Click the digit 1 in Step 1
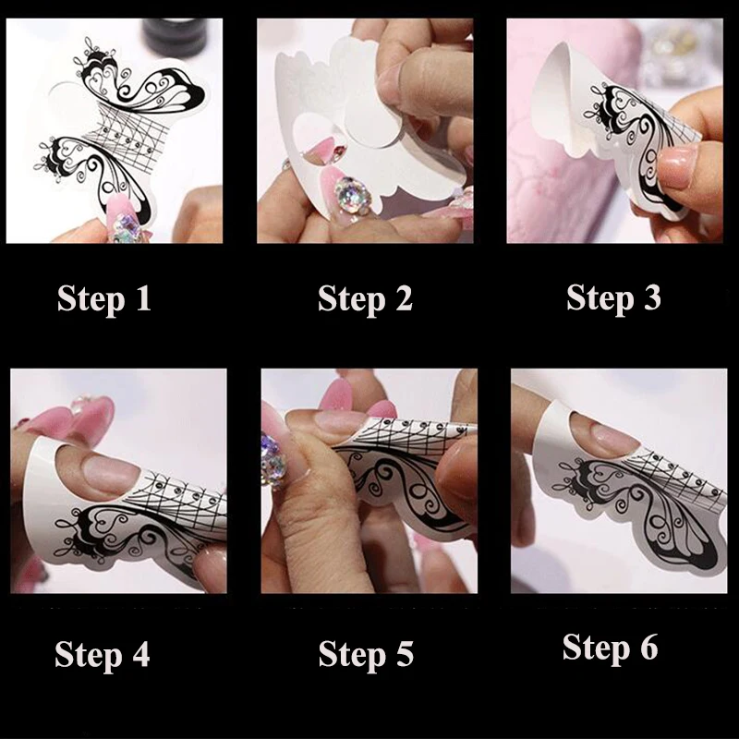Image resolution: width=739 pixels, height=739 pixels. tap(143, 297)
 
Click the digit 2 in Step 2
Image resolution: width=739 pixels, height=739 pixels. tap(404, 297)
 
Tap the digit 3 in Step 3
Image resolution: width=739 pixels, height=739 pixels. tap(652, 297)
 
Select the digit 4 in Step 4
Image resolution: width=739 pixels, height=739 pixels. tap(141, 654)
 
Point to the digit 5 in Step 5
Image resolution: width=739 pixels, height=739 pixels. tap(405, 654)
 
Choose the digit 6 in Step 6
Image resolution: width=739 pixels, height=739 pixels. tap(649, 647)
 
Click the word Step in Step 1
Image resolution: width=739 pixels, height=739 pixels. tap(91, 299)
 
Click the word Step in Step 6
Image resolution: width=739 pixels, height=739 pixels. tap(596, 648)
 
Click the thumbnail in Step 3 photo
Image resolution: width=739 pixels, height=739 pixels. tap(677, 166)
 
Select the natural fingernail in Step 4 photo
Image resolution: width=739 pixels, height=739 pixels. tap(111, 474)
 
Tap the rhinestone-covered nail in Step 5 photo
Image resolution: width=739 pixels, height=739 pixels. tap(274, 459)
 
